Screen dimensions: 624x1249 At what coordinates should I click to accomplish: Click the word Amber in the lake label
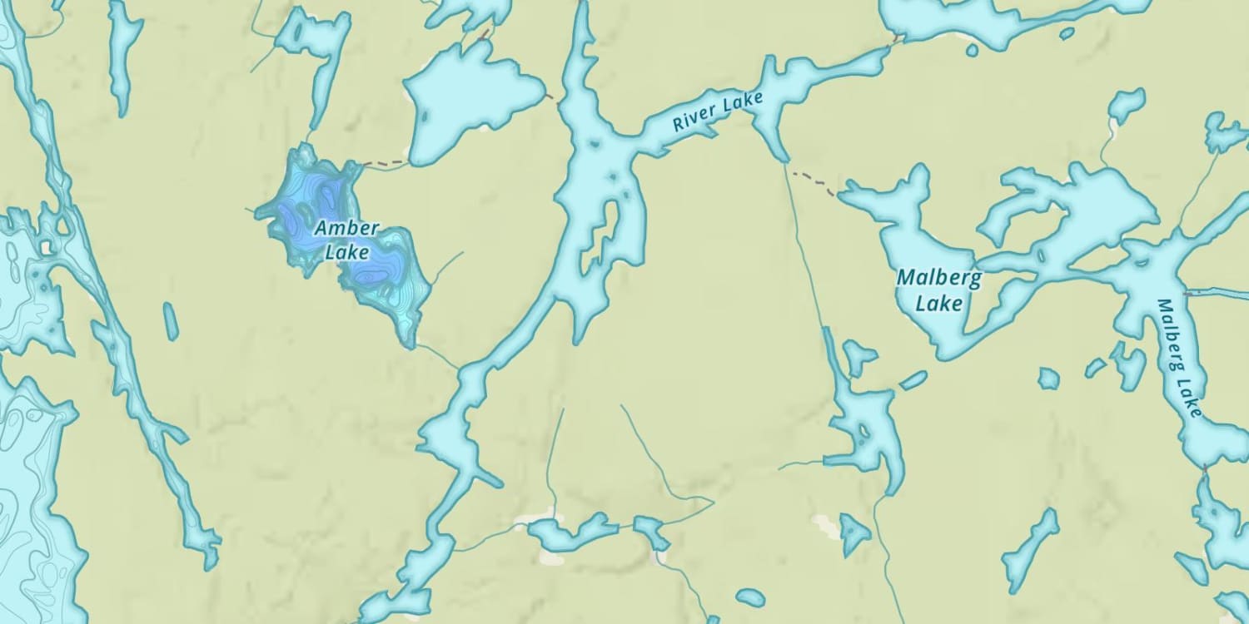[x=346, y=228]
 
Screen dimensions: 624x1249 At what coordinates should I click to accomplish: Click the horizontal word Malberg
[x=938, y=278]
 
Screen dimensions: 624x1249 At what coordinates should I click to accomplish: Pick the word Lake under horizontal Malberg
[x=938, y=303]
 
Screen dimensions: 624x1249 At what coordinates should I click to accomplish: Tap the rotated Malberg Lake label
[x=1180, y=358]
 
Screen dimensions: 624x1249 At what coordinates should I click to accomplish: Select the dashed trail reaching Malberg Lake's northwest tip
[x=816, y=183]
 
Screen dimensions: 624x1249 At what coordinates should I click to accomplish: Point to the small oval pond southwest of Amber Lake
[x=171, y=321]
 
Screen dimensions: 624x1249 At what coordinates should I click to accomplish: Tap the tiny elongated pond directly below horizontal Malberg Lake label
[x=913, y=380]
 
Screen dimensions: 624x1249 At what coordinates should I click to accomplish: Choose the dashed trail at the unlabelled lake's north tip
[x=482, y=35]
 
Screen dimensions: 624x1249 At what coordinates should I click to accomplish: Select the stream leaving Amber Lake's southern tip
[x=436, y=355]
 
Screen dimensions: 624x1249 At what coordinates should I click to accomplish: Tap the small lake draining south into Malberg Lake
[x=1127, y=105]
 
